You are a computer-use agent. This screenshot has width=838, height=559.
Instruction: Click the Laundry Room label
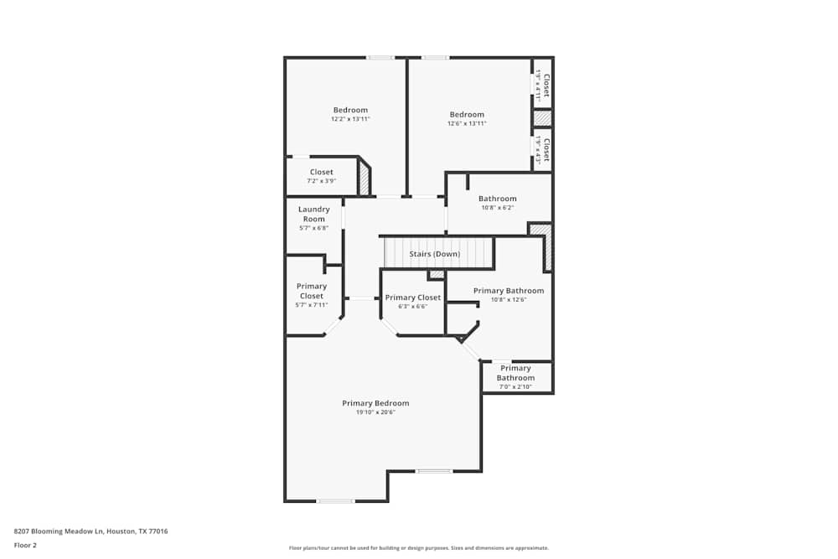(313, 214)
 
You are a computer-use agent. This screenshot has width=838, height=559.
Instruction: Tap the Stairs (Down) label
(434, 254)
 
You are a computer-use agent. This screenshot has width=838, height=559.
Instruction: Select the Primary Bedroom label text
(375, 403)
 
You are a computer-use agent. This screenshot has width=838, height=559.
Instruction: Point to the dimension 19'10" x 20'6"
(375, 412)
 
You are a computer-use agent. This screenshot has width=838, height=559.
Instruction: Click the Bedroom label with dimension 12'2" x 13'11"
(350, 111)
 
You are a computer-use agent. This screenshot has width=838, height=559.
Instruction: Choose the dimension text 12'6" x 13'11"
(467, 124)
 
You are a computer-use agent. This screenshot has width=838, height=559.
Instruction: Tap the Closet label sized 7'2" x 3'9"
(321, 172)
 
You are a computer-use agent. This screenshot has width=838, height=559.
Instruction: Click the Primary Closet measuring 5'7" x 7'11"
(312, 291)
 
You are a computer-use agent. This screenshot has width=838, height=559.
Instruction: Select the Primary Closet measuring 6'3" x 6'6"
(412, 298)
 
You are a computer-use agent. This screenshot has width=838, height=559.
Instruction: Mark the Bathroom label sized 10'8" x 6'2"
(498, 199)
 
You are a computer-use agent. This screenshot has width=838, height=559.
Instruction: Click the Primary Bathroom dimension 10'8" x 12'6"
(509, 300)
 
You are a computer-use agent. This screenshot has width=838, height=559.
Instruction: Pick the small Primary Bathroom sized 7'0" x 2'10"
(515, 373)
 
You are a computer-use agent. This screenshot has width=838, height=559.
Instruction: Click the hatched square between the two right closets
(542, 119)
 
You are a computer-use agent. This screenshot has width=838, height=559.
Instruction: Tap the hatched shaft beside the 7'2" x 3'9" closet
(365, 179)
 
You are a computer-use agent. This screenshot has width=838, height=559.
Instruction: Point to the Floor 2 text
(25, 545)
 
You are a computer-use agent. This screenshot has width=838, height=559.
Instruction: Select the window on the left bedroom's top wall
(380, 58)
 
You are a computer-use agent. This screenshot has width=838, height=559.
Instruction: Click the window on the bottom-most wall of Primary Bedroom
(334, 501)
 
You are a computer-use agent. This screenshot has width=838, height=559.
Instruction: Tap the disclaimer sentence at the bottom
(419, 548)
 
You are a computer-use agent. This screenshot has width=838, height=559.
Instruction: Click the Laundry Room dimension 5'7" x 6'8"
(313, 228)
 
